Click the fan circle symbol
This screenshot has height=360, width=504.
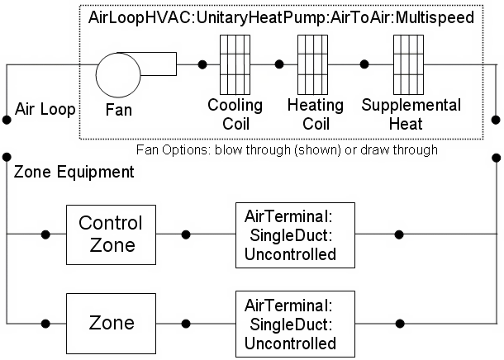click(121, 75)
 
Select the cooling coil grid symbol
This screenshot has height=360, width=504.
click(235, 64)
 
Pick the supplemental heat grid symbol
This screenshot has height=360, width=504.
click(408, 64)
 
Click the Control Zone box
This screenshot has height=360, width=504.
click(111, 234)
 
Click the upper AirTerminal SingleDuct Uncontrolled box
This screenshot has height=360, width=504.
click(295, 234)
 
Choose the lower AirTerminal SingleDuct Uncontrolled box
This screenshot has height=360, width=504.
click(295, 320)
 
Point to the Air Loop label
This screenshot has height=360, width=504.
click(45, 109)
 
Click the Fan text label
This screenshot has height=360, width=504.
click(121, 107)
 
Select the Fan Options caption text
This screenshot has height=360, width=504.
click(287, 150)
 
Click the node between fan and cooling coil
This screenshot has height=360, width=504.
click(202, 64)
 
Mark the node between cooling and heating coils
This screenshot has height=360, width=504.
click(279, 64)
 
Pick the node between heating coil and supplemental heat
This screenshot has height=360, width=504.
click(364, 64)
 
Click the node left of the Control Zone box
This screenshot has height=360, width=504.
click(45, 234)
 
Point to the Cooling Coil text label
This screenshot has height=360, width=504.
click(235, 115)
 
